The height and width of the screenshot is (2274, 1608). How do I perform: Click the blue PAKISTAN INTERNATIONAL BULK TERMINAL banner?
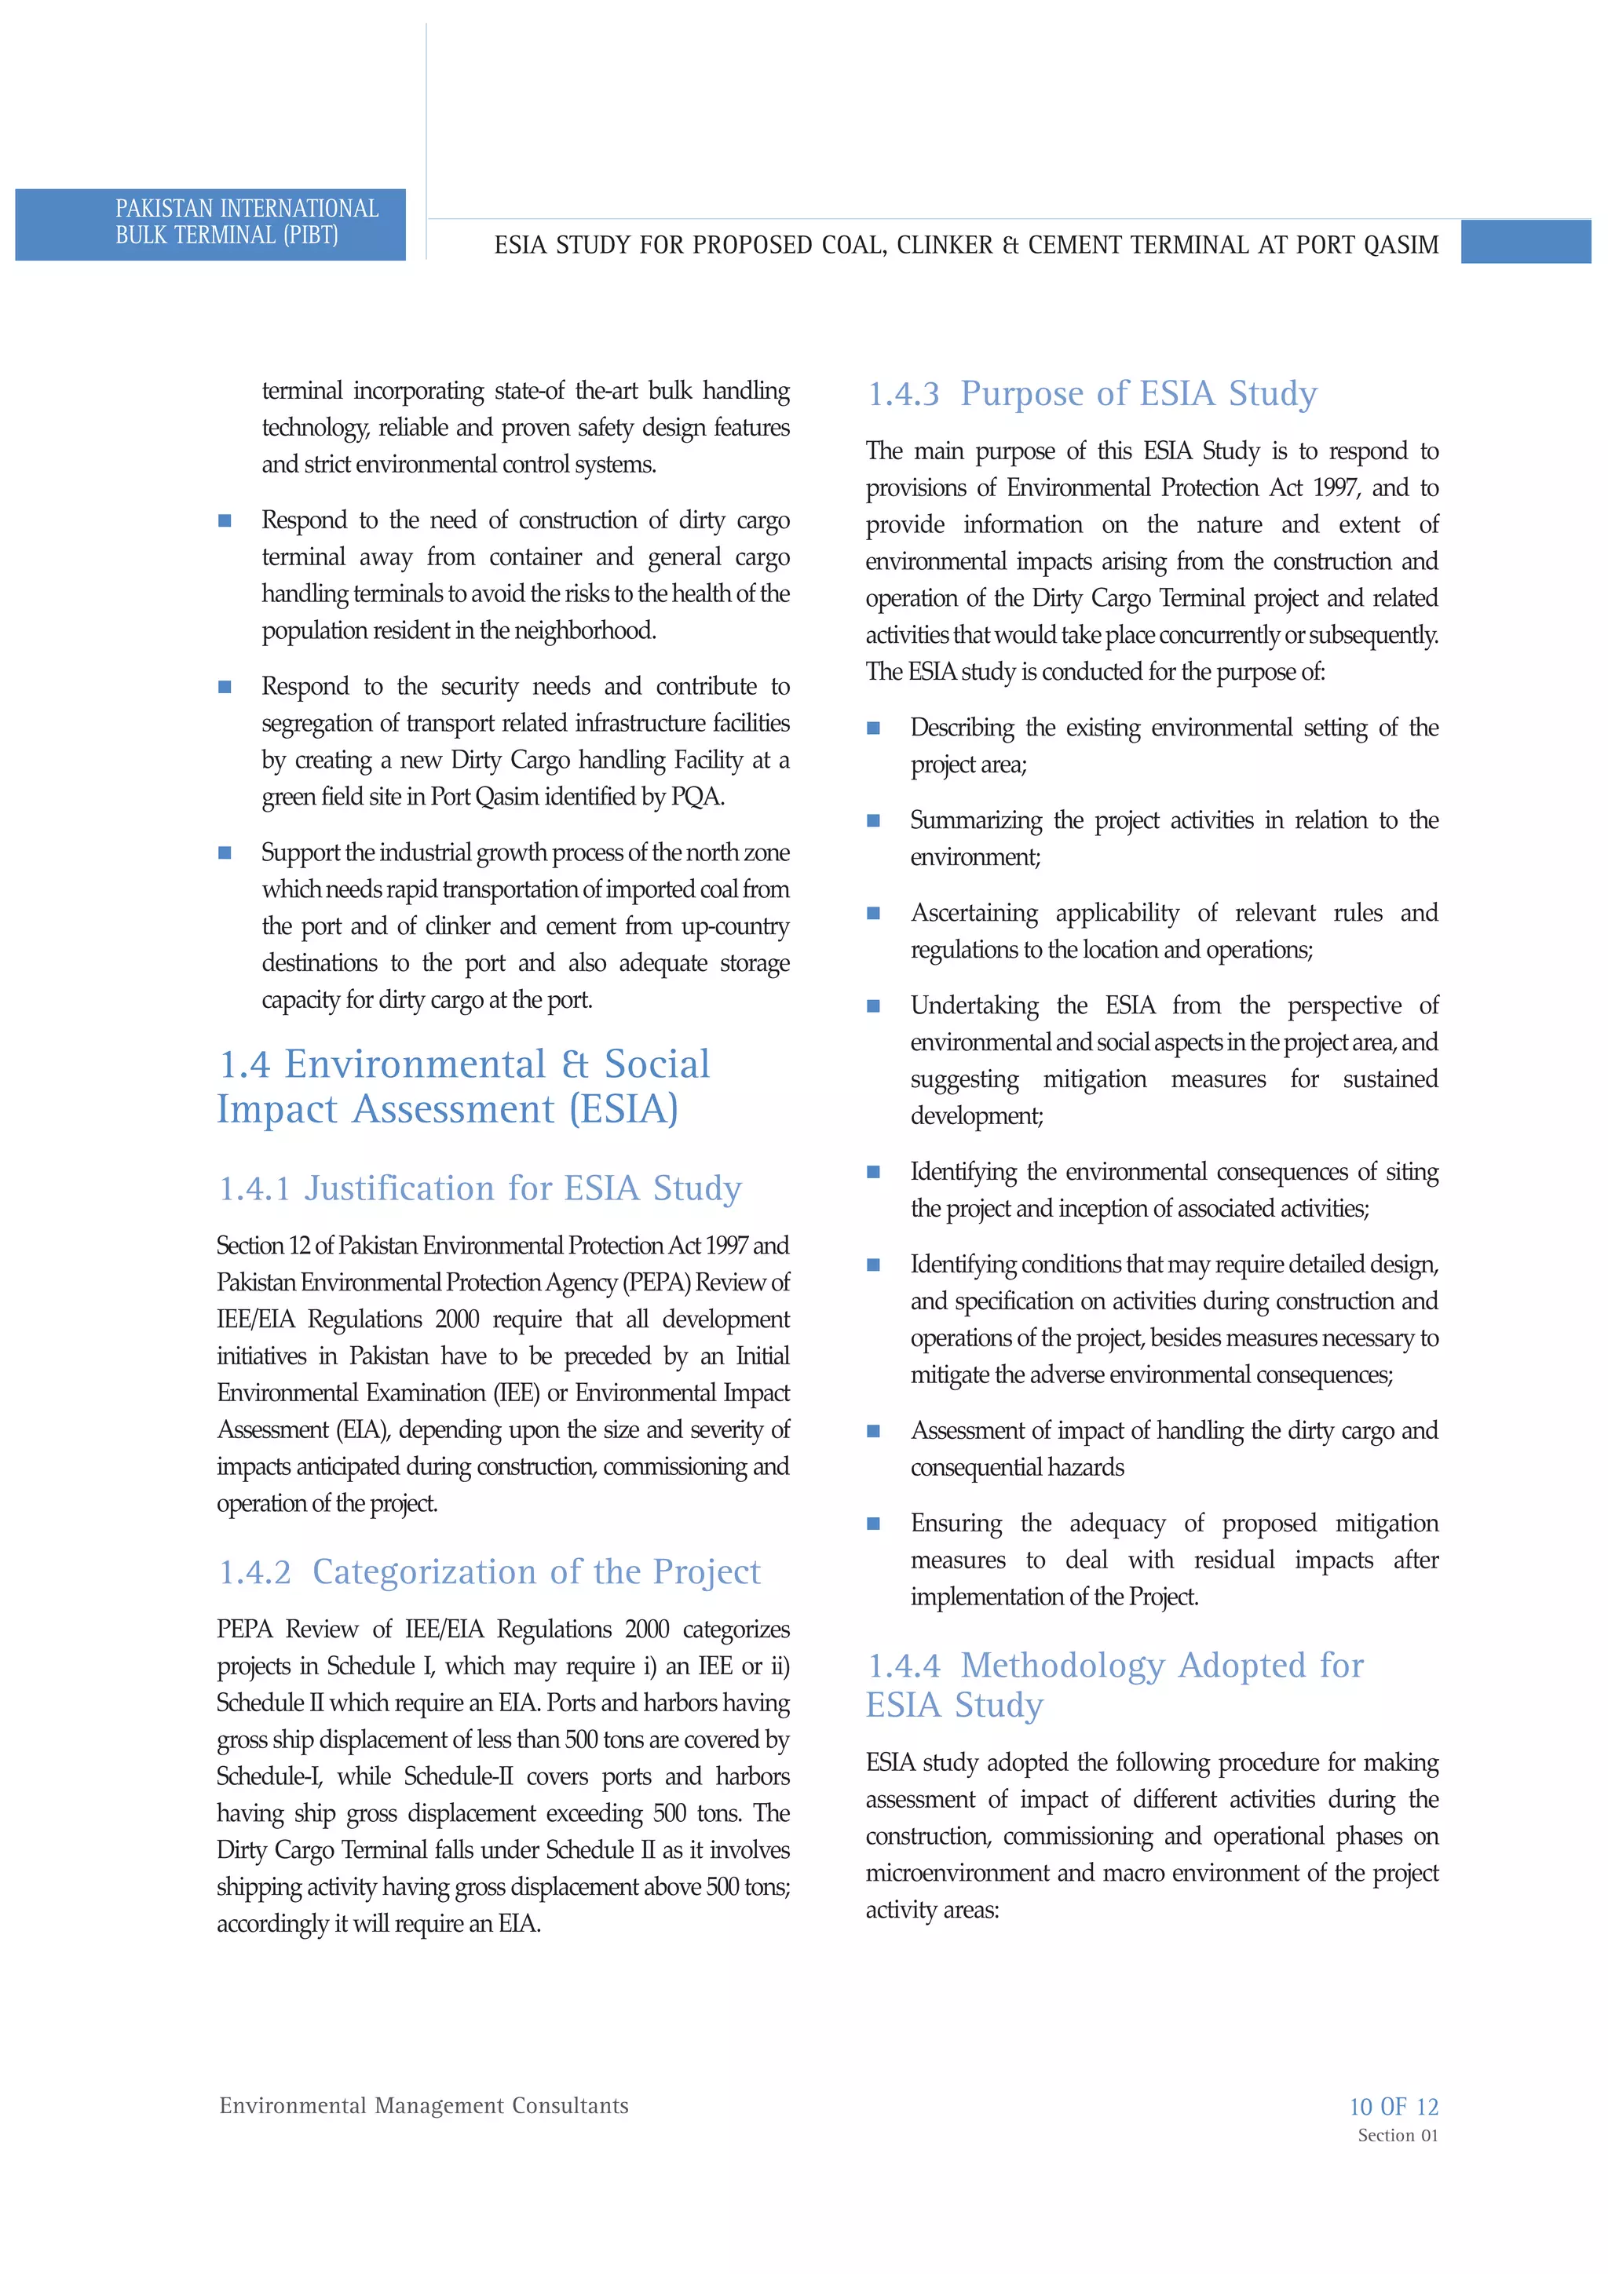pos(210,224)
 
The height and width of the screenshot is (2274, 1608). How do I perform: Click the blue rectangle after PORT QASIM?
pos(1525,243)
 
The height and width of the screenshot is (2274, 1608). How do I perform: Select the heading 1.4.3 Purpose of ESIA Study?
pos(1092,394)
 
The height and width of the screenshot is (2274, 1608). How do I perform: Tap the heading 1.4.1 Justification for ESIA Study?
pos(480,1188)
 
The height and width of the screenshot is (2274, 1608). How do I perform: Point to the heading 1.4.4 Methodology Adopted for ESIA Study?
pos(1115,1685)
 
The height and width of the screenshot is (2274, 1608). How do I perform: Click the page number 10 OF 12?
pos(1393,2107)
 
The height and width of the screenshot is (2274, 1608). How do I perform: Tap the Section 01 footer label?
pos(1397,2135)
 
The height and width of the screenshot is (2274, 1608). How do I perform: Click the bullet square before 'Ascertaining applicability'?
pos(873,913)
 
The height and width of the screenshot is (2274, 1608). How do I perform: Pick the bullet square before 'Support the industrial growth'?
pos(225,852)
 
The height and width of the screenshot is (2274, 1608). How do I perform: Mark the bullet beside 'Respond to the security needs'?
pos(225,686)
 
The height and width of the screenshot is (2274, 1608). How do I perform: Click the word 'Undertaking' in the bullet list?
pos(974,1006)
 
